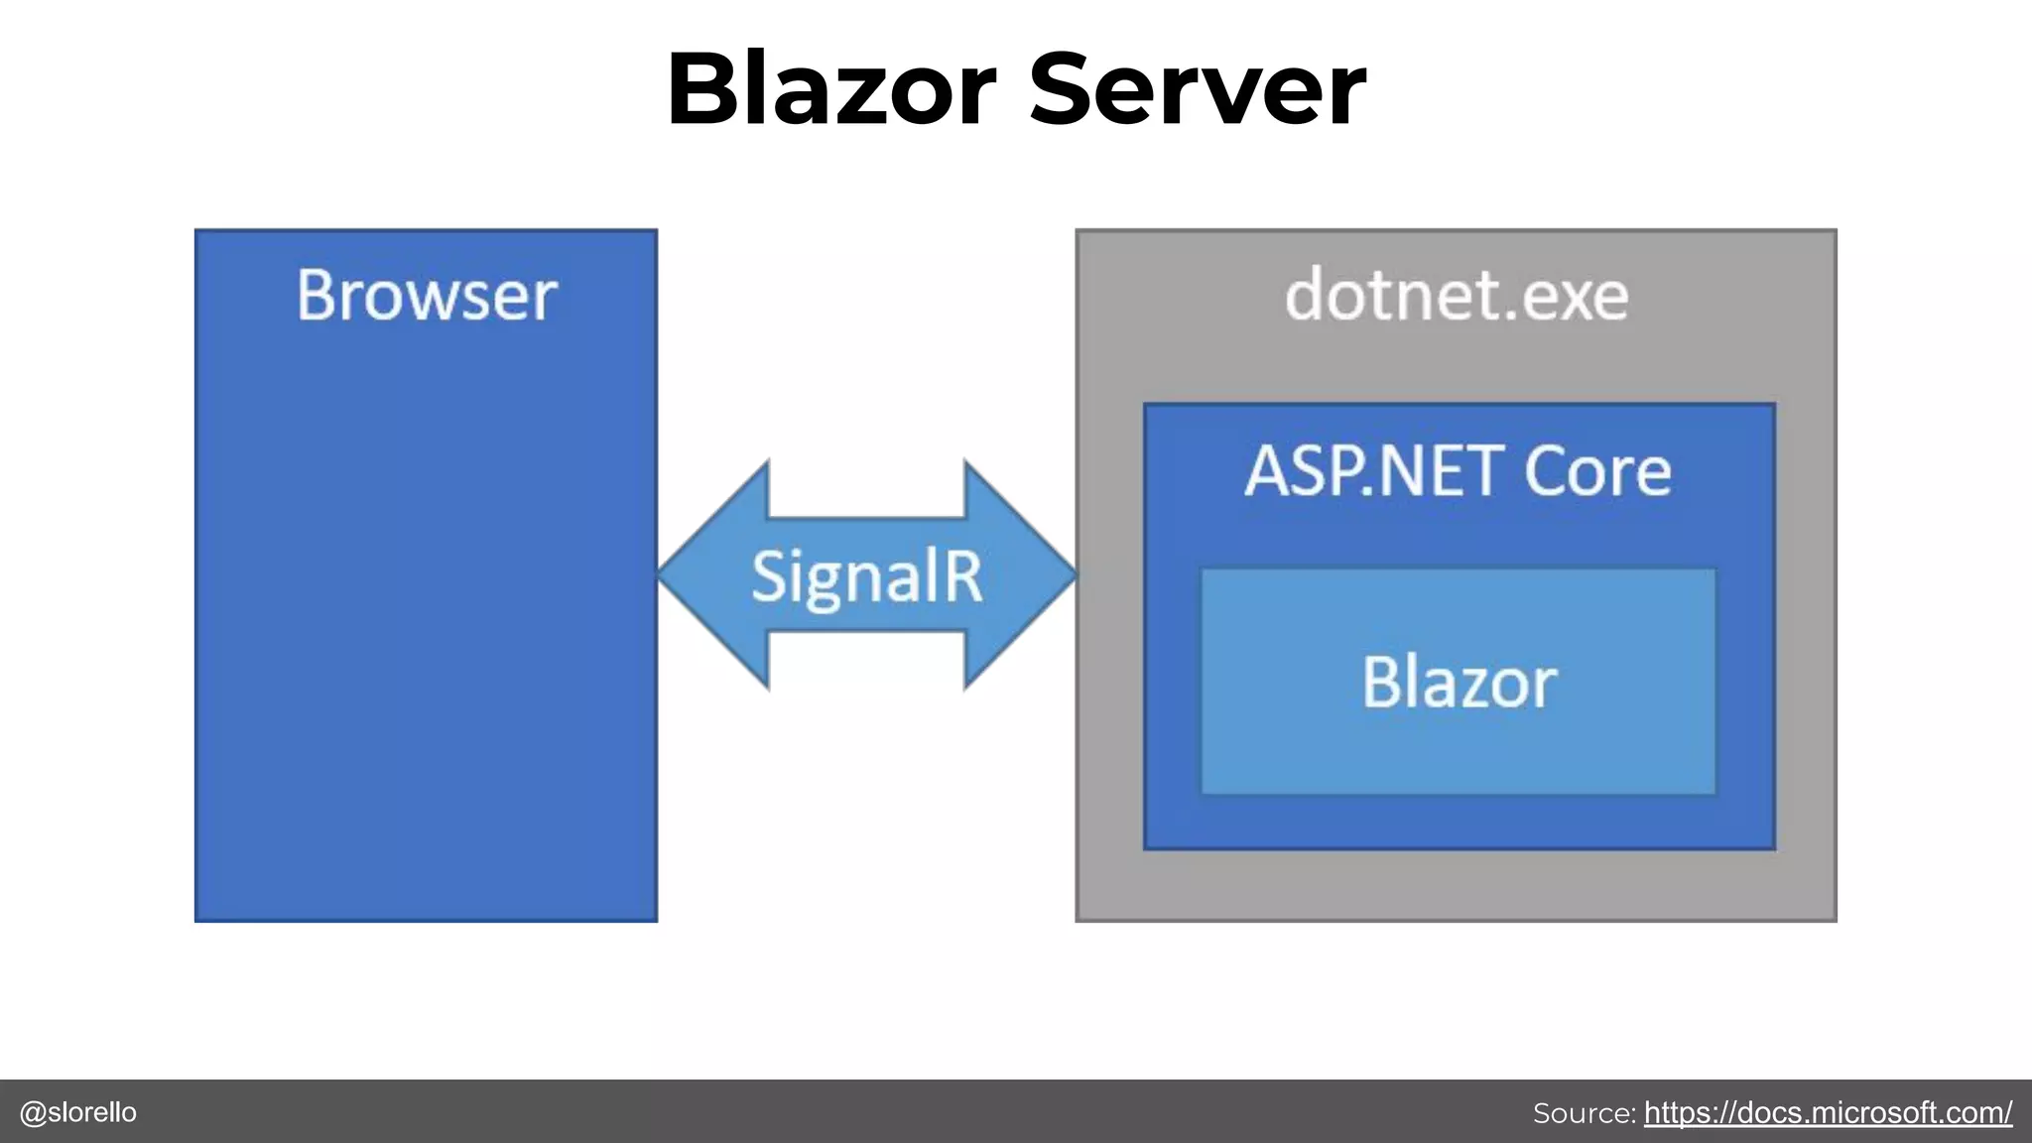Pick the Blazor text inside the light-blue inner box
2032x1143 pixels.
click(1459, 683)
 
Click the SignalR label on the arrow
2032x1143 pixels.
click(866, 576)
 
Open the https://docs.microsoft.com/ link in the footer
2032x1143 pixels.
click(1828, 1112)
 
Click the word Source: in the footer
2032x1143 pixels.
click(1584, 1113)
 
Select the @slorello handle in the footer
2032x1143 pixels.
click(78, 1112)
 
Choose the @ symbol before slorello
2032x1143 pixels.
click(33, 1112)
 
